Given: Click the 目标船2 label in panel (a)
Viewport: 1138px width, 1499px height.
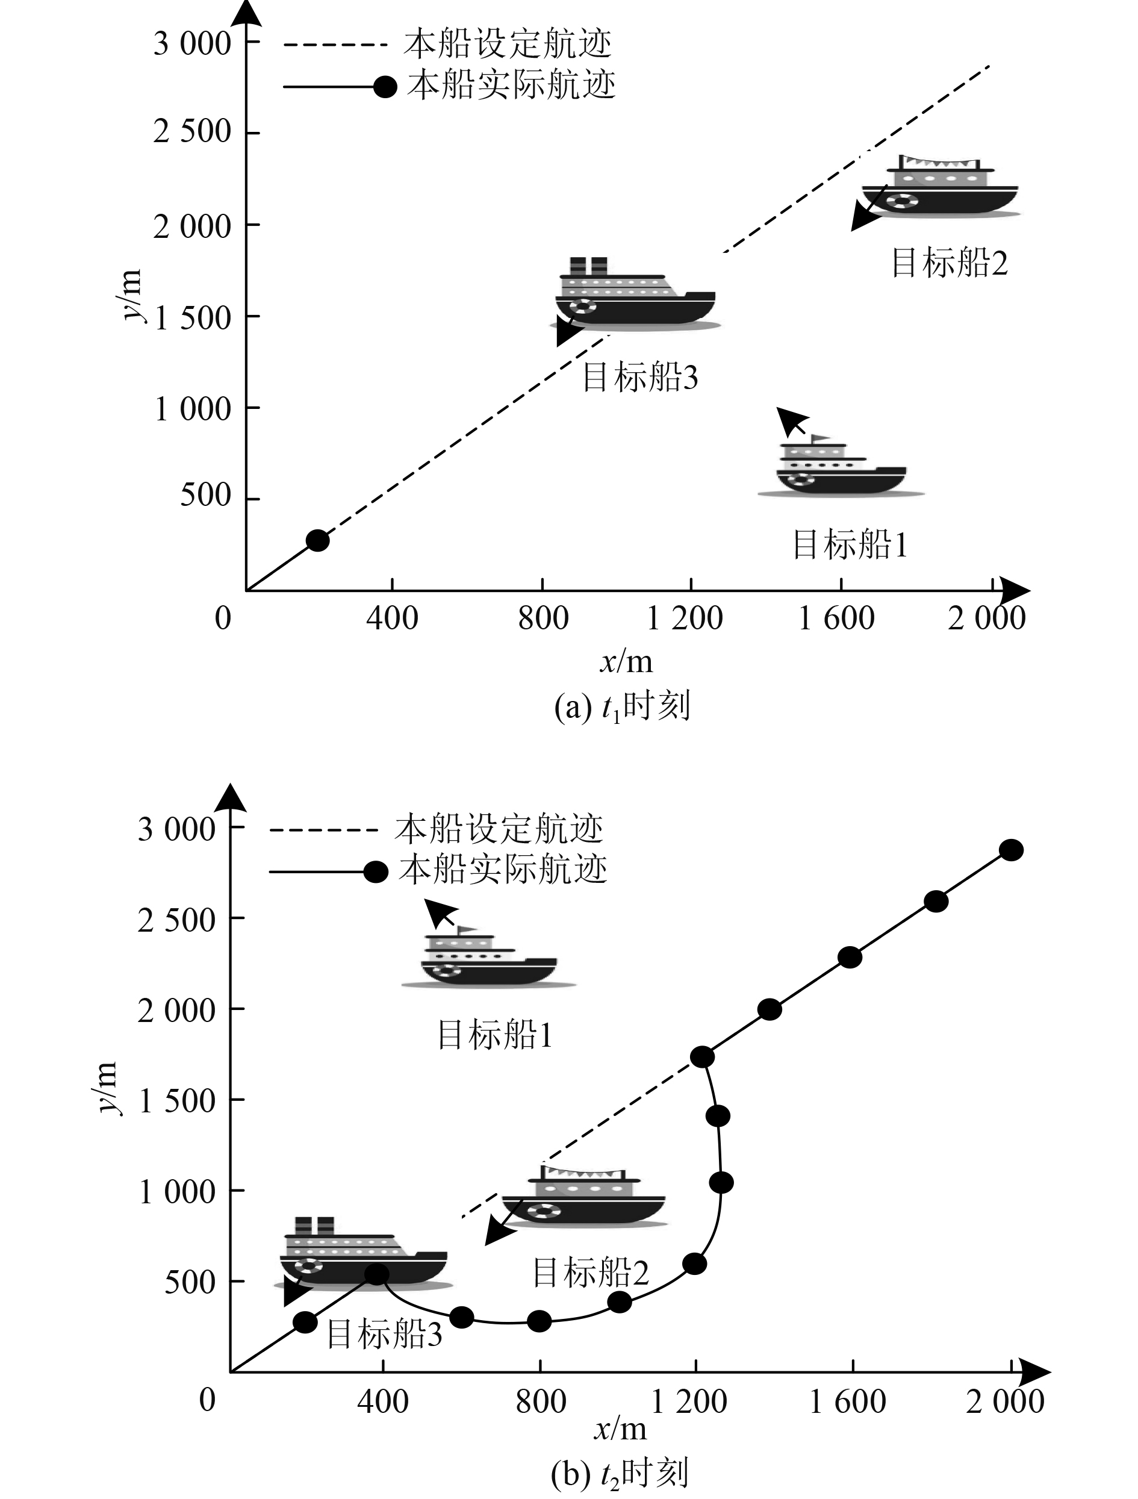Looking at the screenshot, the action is (x=949, y=263).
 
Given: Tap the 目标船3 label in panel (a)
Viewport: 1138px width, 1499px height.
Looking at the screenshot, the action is (x=640, y=378).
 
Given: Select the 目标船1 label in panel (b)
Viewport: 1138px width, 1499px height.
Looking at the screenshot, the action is (x=495, y=1035).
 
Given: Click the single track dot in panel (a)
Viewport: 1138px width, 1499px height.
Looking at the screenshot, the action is (x=318, y=540).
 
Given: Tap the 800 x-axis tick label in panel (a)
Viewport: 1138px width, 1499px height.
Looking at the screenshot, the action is (x=543, y=618).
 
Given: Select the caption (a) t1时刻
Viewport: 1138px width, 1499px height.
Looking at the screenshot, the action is (x=622, y=707).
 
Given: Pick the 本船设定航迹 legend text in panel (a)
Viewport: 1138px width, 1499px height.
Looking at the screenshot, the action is (x=508, y=44).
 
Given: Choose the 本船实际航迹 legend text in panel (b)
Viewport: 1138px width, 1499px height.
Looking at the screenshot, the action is (x=503, y=870).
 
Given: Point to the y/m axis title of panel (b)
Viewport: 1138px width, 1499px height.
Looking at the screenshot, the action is (x=107, y=1088).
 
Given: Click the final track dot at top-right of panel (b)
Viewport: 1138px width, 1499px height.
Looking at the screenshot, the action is (x=1012, y=850).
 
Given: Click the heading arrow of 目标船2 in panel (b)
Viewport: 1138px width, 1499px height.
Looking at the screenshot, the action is (x=503, y=1224).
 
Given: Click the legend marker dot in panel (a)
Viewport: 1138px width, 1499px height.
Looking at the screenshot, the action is (x=385, y=87).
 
